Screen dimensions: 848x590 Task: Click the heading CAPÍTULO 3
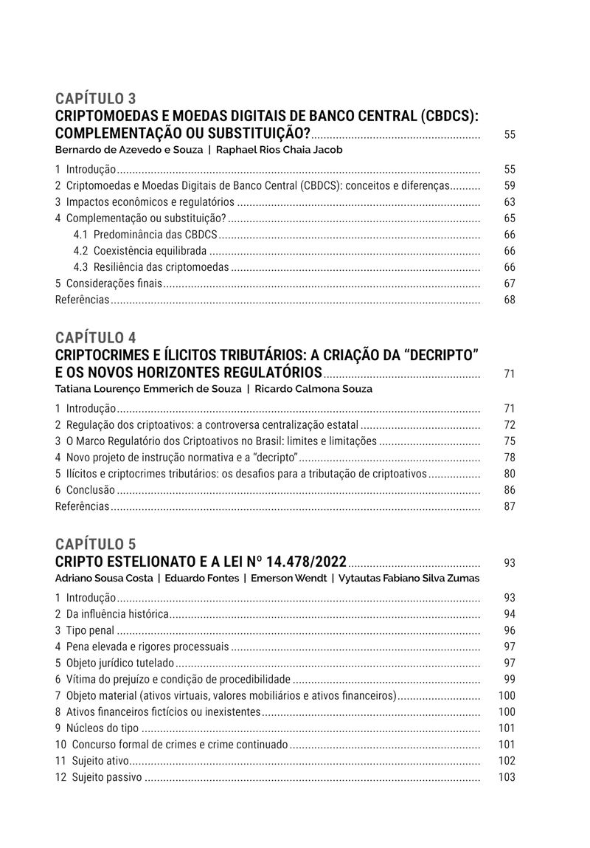pyautogui.click(x=96, y=99)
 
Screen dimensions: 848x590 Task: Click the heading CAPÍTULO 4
pyautogui.click(x=96, y=338)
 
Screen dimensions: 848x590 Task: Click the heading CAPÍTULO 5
pyautogui.click(x=96, y=545)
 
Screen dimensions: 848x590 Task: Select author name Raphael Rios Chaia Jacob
pyautogui.click(x=279, y=150)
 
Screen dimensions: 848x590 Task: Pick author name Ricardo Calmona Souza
pyautogui.click(x=313, y=389)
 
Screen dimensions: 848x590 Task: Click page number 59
pyautogui.click(x=510, y=186)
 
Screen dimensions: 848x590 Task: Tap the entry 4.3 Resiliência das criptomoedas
pyautogui.click(x=151, y=267)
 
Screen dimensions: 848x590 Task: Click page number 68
pyautogui.click(x=510, y=300)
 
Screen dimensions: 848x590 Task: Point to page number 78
pyautogui.click(x=510, y=458)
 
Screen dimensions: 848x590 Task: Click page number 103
pyautogui.click(x=507, y=777)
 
